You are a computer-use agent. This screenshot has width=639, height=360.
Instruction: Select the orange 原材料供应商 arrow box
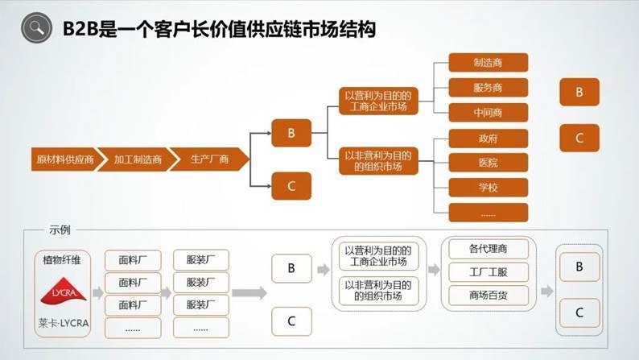coord(65,159)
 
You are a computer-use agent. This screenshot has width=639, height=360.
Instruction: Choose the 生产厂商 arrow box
coord(209,159)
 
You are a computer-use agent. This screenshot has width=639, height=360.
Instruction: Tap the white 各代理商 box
coord(488,248)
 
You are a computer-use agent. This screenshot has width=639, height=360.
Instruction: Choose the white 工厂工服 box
coord(488,271)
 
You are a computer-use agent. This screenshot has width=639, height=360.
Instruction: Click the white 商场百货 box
coord(488,295)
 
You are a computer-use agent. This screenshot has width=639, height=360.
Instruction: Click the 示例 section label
coord(60,230)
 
